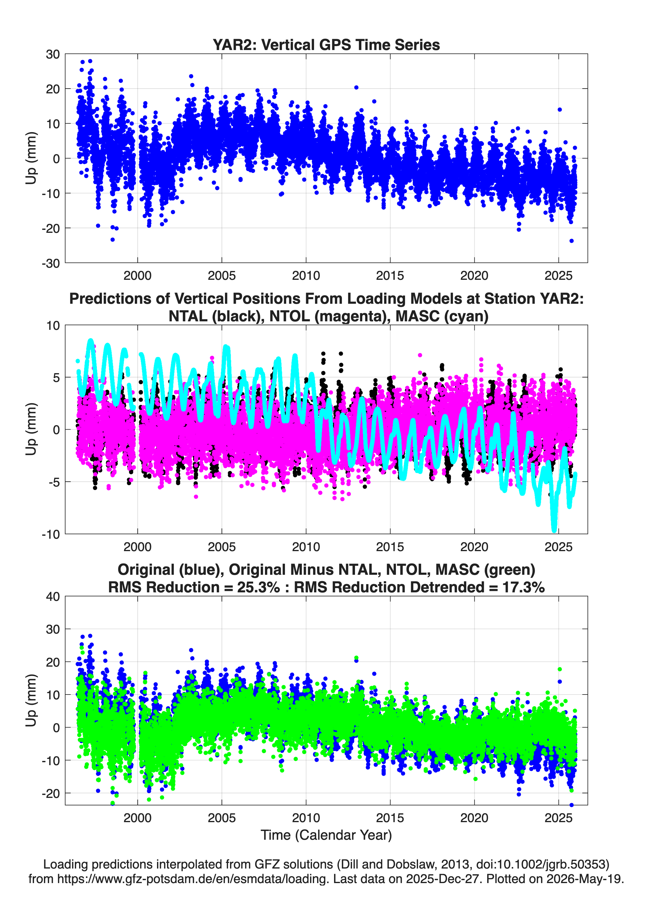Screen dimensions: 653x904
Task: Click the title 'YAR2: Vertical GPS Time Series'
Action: pyautogui.click(x=326, y=45)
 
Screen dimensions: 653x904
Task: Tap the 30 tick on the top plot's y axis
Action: pyautogui.click(x=53, y=54)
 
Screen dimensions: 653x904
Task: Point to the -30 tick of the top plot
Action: pyautogui.click(x=51, y=263)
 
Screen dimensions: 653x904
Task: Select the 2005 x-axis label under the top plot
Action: pyautogui.click(x=222, y=276)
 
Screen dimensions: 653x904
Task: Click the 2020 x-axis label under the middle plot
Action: pyautogui.click(x=474, y=547)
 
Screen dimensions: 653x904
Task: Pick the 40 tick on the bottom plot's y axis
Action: pyautogui.click(x=53, y=597)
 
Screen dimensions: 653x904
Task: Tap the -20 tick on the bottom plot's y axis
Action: pyautogui.click(x=51, y=794)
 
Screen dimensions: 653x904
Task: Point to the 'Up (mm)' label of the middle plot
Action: pyautogui.click(x=31, y=429)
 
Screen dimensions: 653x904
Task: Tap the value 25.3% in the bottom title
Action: pyautogui.click(x=258, y=587)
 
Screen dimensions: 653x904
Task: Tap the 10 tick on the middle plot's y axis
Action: pyautogui.click(x=53, y=326)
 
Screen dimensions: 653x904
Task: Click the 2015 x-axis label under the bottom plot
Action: pyautogui.click(x=390, y=818)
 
